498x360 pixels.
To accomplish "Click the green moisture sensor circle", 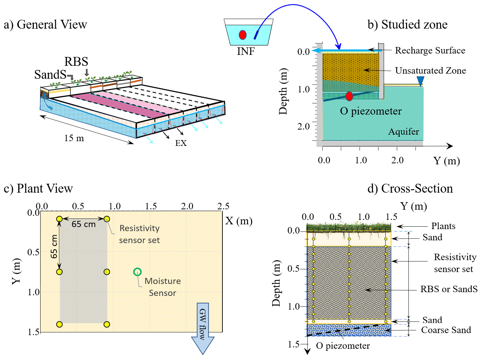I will point(137,272).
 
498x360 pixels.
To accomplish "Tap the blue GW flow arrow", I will point(203,327).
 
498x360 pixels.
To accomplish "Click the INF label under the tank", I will point(246,51).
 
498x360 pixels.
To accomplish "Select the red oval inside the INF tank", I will point(243,35).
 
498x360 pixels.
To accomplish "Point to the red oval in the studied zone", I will point(349,96).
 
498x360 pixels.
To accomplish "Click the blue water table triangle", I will point(420,81).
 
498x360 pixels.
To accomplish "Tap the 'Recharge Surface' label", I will point(430,50).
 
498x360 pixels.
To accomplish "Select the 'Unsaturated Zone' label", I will point(430,71).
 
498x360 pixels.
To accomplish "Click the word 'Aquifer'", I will point(404,132).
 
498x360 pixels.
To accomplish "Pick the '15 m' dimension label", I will point(74,138).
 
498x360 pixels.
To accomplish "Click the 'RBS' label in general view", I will point(76,62).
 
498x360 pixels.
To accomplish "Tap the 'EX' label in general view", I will point(181,143).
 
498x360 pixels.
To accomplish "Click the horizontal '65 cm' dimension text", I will point(83,224).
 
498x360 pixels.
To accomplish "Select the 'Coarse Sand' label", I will point(446,330).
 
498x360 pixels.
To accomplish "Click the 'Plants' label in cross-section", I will point(443,226).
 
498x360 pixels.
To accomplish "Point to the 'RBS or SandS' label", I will point(449,289).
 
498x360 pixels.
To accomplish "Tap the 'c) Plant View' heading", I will point(38,189).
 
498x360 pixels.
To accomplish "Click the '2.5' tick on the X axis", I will point(223,206).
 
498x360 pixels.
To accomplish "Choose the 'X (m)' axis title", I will point(239,221).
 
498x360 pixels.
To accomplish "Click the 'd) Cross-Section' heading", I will point(410,189).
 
